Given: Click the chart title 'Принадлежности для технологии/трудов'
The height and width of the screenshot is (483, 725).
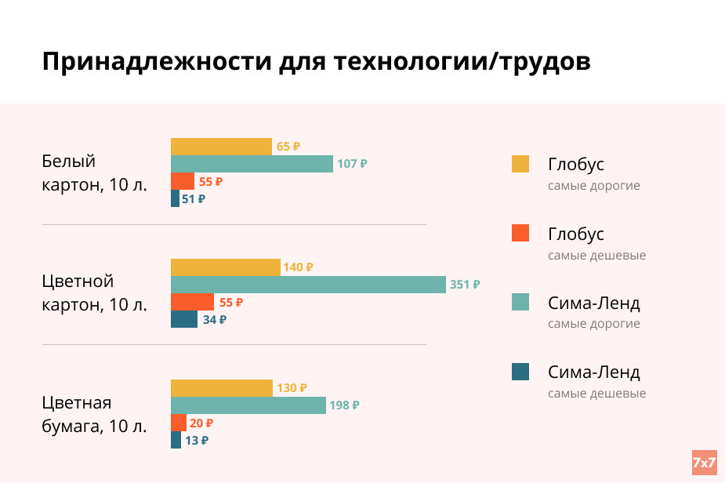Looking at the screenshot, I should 316,62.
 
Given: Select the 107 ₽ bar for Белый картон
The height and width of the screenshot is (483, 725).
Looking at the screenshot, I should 252,164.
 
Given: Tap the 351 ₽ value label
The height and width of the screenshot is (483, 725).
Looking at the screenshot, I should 465,285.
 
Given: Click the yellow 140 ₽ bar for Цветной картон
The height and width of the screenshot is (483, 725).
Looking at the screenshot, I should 225,267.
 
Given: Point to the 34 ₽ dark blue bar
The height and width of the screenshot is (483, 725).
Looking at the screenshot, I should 184,319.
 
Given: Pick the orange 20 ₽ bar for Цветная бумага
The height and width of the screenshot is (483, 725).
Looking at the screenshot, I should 179,423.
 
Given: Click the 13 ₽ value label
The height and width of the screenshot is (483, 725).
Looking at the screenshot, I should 197,440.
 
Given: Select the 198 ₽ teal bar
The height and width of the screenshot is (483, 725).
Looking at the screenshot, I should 248,405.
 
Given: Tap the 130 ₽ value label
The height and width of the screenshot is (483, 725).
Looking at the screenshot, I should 292,388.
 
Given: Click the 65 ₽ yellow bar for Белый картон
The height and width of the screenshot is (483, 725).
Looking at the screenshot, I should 221,147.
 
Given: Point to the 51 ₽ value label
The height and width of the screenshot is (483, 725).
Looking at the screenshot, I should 194,199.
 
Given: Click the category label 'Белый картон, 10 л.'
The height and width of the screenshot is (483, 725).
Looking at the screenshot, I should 94,173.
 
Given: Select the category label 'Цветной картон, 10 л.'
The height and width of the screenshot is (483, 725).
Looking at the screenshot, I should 94,292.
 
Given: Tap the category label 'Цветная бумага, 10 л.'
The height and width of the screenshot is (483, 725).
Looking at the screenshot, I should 94,415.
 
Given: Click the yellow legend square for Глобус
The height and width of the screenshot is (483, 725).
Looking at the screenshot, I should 520,164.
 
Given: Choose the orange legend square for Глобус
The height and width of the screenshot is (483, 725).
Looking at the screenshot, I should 520,233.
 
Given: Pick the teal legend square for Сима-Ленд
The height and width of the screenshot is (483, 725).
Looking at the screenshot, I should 520,302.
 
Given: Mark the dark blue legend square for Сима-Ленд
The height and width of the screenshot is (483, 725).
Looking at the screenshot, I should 520,372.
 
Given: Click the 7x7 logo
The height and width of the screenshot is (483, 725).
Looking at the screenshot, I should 704,463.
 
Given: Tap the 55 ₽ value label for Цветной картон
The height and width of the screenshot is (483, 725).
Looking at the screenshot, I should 231,302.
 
